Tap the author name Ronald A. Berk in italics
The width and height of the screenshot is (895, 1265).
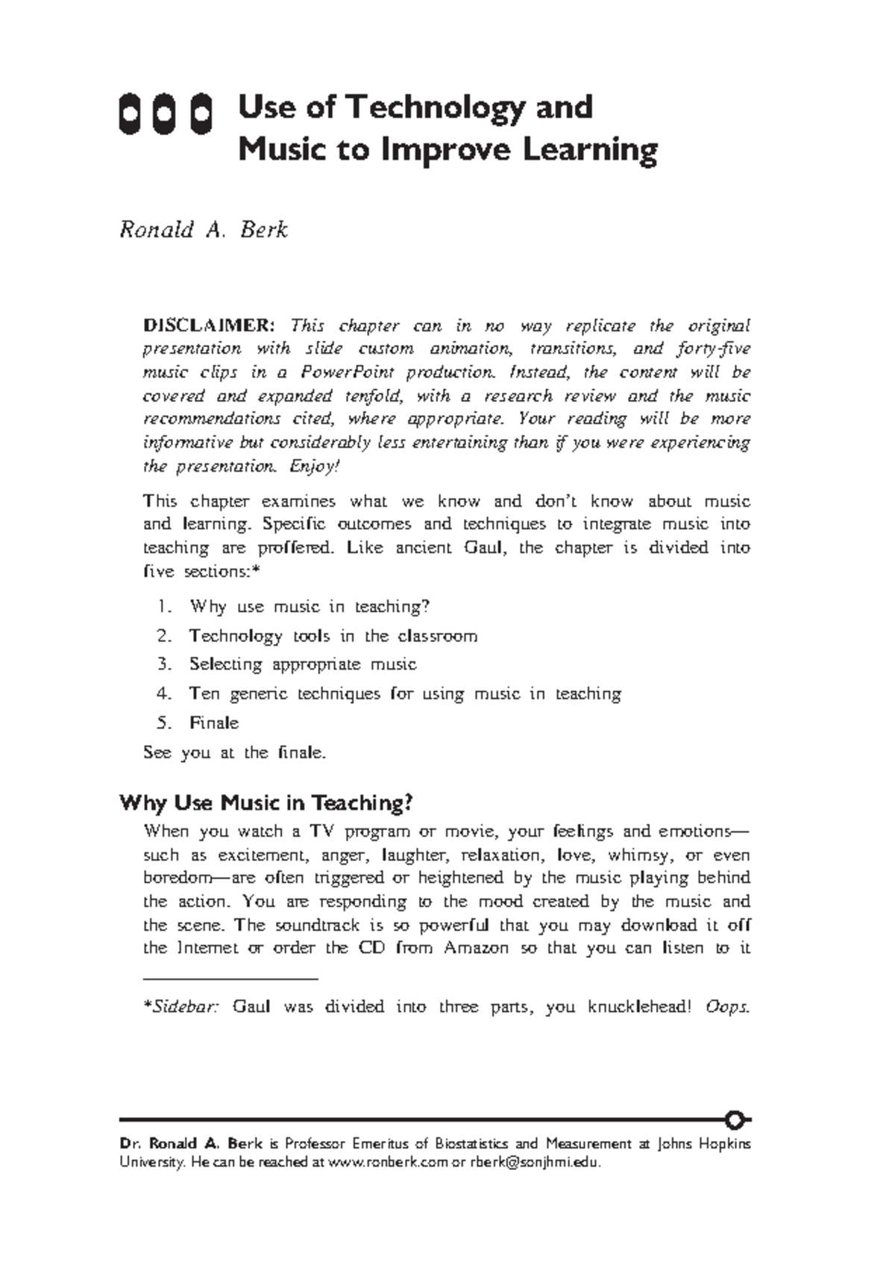pyautogui.click(x=204, y=229)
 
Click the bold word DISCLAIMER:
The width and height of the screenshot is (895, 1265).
pyautogui.click(x=209, y=325)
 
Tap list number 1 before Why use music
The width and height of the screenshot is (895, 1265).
pyautogui.click(x=164, y=607)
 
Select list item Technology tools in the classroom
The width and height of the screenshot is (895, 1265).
pyautogui.click(x=333, y=636)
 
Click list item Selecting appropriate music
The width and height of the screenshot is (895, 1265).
pyautogui.click(x=302, y=664)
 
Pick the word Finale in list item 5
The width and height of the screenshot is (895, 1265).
pyautogui.click(x=214, y=722)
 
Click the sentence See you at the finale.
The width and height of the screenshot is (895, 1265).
pyautogui.click(x=234, y=752)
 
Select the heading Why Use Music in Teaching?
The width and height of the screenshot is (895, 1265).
pyautogui.click(x=266, y=803)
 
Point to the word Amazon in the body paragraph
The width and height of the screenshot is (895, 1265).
pyautogui.click(x=476, y=949)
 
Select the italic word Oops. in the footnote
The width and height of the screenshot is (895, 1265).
pyautogui.click(x=726, y=1007)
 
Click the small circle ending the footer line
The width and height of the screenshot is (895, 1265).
pyautogui.click(x=735, y=1120)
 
